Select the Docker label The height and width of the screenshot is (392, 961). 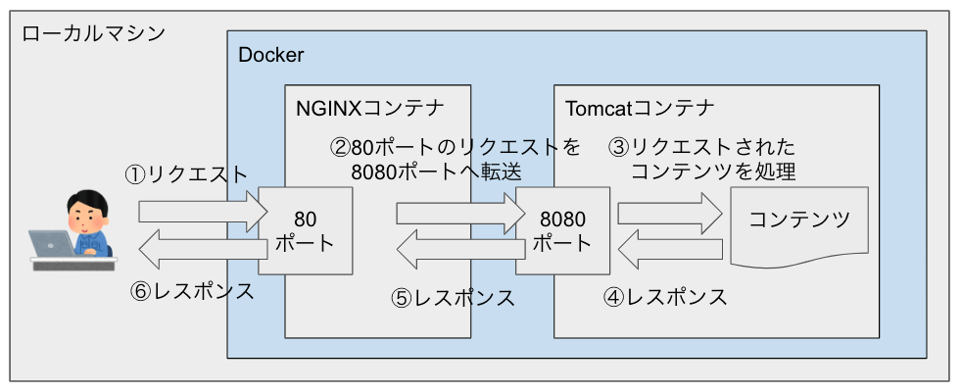[271, 55]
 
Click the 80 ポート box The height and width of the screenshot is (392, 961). [305, 229]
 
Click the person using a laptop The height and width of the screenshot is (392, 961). [84, 220]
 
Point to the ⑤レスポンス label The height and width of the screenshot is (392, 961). [453, 298]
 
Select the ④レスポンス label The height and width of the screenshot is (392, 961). [665, 297]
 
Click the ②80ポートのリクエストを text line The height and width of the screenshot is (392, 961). [455, 147]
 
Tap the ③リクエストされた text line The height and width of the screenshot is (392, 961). [701, 147]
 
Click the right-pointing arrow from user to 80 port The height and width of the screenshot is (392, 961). [202, 210]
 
